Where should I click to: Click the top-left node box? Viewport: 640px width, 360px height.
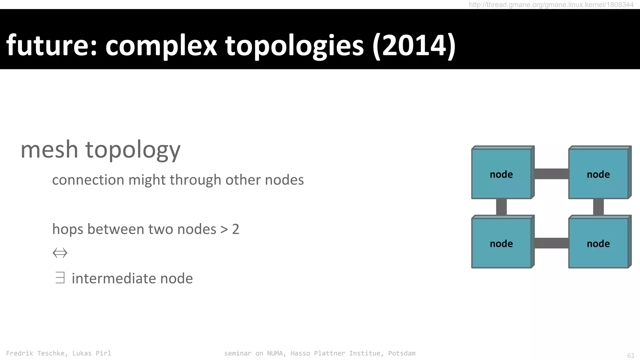tap(501, 173)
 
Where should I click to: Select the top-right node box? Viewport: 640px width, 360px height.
tap(598, 173)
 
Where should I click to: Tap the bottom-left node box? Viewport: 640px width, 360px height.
tap(501, 243)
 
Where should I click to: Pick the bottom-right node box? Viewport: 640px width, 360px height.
tap(598, 243)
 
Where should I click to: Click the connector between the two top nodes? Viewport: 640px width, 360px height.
tap(551, 174)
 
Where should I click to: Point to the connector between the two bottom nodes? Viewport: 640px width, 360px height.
tap(551, 243)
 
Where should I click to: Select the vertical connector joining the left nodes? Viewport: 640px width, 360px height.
tap(501, 207)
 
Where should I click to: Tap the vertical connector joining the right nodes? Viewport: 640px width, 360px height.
tap(598, 207)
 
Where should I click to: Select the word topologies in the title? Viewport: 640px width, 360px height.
tap(294, 46)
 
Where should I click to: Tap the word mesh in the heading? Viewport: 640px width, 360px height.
tap(49, 150)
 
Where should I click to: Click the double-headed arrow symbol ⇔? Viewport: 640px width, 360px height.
tap(60, 253)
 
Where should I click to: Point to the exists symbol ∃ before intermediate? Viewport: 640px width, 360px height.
tap(60, 278)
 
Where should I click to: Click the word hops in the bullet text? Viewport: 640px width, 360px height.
tap(67, 229)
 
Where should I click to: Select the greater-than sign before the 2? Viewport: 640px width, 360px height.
tap(224, 230)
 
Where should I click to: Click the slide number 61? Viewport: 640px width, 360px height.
tap(631, 356)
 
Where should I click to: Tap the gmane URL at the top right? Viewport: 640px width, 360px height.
tap(551, 5)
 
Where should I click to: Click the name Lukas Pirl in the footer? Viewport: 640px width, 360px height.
tap(92, 353)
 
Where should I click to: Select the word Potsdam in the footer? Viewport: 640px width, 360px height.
tap(402, 353)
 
